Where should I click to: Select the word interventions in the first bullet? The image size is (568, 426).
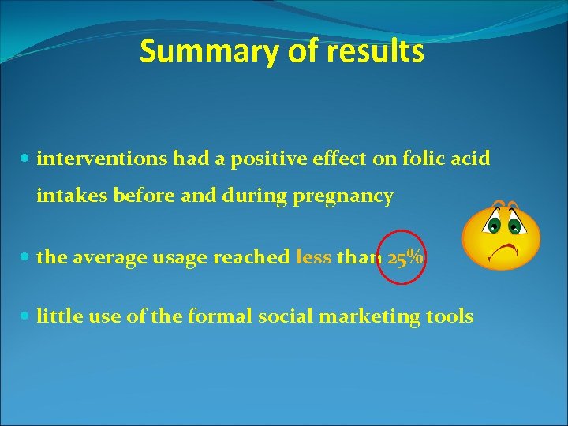(103, 159)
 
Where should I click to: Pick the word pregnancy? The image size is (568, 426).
(343, 196)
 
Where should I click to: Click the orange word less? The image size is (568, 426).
(313, 258)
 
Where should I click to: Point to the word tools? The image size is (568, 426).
(450, 316)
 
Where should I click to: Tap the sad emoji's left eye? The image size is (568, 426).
(495, 224)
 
